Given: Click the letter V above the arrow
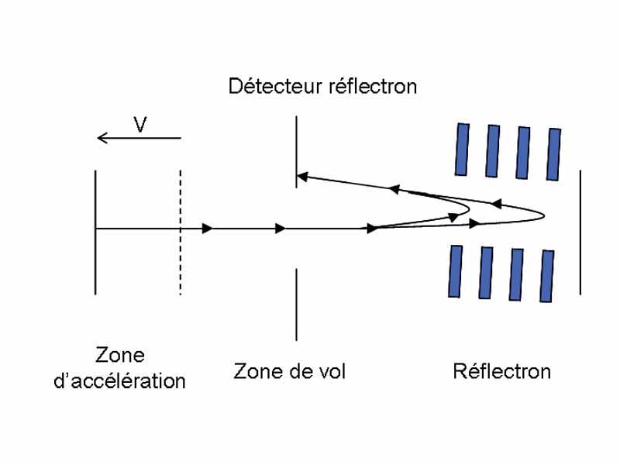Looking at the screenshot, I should pyautogui.click(x=140, y=125).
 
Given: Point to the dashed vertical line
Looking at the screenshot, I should pyautogui.click(x=181, y=232).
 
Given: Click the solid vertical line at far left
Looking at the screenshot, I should pyautogui.click(x=95, y=232).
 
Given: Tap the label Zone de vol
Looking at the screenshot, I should pyautogui.click(x=290, y=372).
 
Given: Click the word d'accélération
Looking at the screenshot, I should pyautogui.click(x=120, y=381).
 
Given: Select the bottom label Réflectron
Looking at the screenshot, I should pyautogui.click(x=501, y=372).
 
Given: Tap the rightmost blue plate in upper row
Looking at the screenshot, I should pyautogui.click(x=553, y=153).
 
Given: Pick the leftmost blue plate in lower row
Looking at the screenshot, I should pyautogui.click(x=455, y=271).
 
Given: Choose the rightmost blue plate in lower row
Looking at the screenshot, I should pyautogui.click(x=547, y=276).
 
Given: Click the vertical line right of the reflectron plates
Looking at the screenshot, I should pyautogui.click(x=580, y=232).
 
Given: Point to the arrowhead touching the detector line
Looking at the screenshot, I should pyautogui.click(x=303, y=177).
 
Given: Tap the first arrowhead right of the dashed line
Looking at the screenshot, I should pyautogui.click(x=207, y=229).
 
